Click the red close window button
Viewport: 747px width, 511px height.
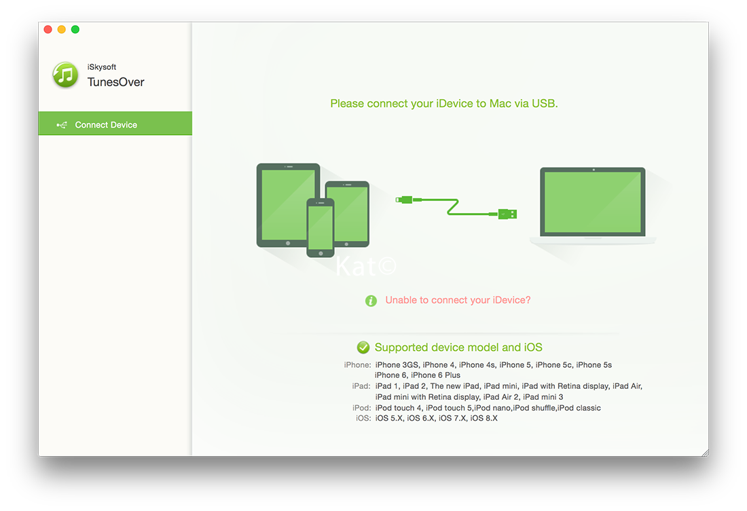pos(48,30)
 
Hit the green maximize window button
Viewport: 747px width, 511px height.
pos(75,30)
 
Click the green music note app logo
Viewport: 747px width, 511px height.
pos(65,75)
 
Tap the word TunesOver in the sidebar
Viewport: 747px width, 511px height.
pos(115,82)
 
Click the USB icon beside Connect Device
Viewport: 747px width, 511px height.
pos(61,126)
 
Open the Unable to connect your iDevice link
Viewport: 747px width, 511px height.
pos(458,300)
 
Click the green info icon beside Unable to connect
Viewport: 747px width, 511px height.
pos(371,301)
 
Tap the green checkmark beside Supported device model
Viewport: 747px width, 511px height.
pos(363,347)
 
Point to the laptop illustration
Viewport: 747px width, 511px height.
pos(593,206)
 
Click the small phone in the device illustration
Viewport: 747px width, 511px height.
pos(321,227)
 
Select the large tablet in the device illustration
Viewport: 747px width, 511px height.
pos(288,205)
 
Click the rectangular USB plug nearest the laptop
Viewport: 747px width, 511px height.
pos(507,214)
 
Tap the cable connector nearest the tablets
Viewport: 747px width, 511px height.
pos(403,200)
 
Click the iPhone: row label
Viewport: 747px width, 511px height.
pos(357,365)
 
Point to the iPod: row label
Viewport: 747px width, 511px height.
pos(361,408)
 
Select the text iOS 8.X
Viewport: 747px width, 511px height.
pos(484,418)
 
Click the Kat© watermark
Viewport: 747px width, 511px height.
pos(366,266)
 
